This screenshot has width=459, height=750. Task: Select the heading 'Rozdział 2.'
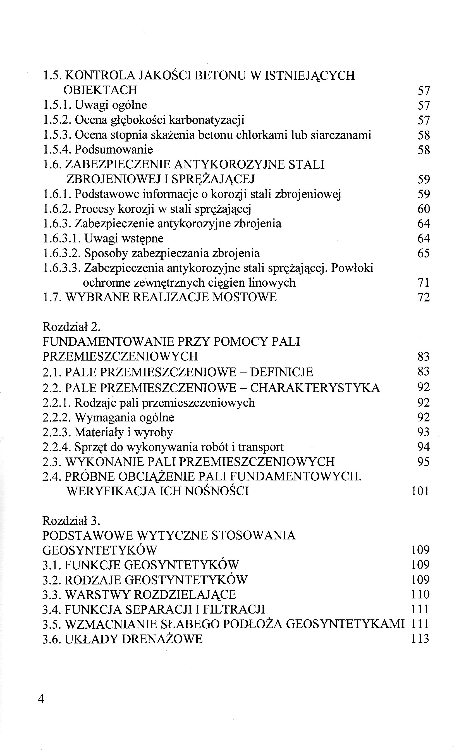(71, 327)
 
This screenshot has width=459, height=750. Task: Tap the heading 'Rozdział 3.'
(71, 520)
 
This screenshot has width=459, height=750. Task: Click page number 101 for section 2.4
(420, 491)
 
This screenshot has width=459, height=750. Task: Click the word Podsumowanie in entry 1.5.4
(114, 149)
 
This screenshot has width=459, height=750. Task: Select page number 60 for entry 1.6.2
(424, 209)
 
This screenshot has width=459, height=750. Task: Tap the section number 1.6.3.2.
(62, 253)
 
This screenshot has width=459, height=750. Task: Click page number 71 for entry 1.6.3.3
(424, 283)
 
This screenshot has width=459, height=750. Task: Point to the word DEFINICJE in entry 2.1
(281, 372)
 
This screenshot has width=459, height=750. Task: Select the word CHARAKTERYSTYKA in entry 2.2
(315, 388)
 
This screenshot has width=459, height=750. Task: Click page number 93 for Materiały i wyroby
(424, 432)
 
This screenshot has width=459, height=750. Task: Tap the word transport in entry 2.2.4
(260, 447)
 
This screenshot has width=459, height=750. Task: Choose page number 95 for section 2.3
(424, 462)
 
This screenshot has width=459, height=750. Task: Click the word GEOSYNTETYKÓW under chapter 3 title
(100, 550)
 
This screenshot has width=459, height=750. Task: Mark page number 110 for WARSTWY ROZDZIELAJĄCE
(420, 595)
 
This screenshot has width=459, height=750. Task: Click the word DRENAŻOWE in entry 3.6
(162, 639)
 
